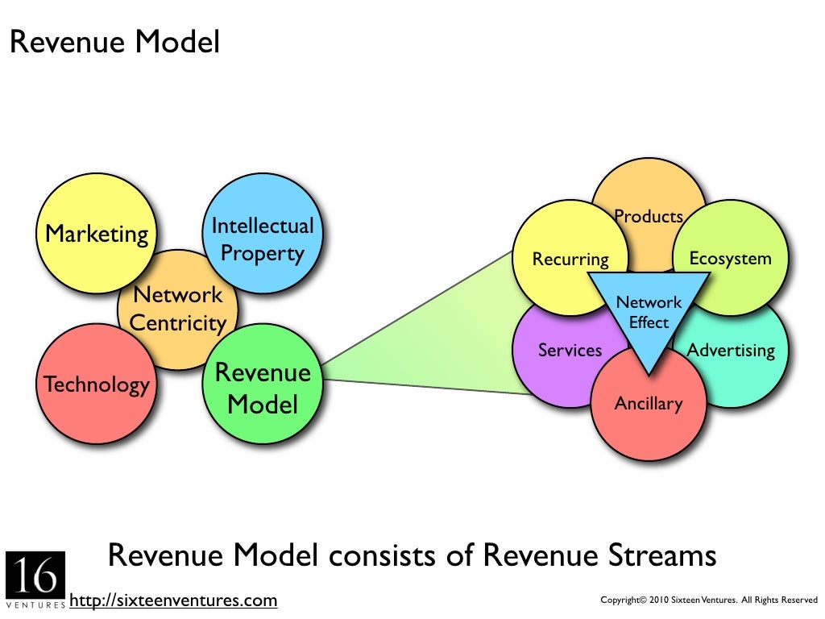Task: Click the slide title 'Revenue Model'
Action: (x=114, y=43)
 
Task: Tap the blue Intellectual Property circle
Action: (x=262, y=239)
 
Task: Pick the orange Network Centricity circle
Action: (x=178, y=309)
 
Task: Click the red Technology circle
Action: (x=96, y=384)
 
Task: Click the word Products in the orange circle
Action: (x=649, y=216)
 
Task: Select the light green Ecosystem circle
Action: (x=730, y=258)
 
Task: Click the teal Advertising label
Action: (x=731, y=351)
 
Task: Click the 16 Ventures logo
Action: (x=35, y=579)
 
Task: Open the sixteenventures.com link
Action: (x=173, y=600)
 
